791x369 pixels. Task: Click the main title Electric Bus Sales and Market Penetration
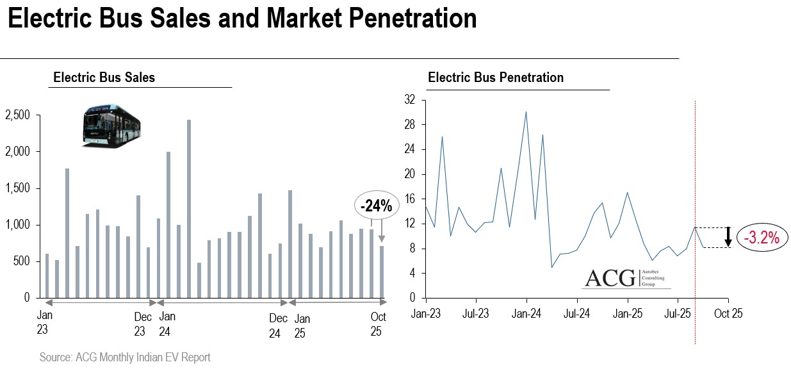pyautogui.click(x=242, y=19)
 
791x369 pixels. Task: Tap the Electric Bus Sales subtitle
pyautogui.click(x=104, y=78)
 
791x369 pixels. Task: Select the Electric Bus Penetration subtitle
pyautogui.click(x=495, y=78)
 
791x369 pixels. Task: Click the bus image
pyautogui.click(x=111, y=126)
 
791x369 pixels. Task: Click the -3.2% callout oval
pyautogui.click(x=762, y=238)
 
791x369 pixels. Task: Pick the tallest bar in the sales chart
pyautogui.click(x=189, y=208)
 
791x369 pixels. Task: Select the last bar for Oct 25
pyautogui.click(x=382, y=272)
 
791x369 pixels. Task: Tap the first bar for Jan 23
pyautogui.click(x=47, y=275)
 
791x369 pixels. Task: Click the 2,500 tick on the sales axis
pyautogui.click(x=17, y=115)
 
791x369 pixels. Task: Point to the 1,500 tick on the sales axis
pyautogui.click(x=17, y=188)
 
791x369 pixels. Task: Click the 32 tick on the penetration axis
pyautogui.click(x=410, y=100)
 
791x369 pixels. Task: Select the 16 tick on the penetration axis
pyautogui.click(x=410, y=199)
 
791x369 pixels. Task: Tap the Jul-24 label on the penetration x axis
pyautogui.click(x=576, y=314)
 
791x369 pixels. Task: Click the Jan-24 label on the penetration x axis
pyautogui.click(x=526, y=314)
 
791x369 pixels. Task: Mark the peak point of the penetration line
pyautogui.click(x=526, y=111)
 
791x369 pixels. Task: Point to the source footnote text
pyautogui.click(x=124, y=357)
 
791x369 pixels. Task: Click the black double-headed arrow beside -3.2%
pyautogui.click(x=728, y=237)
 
